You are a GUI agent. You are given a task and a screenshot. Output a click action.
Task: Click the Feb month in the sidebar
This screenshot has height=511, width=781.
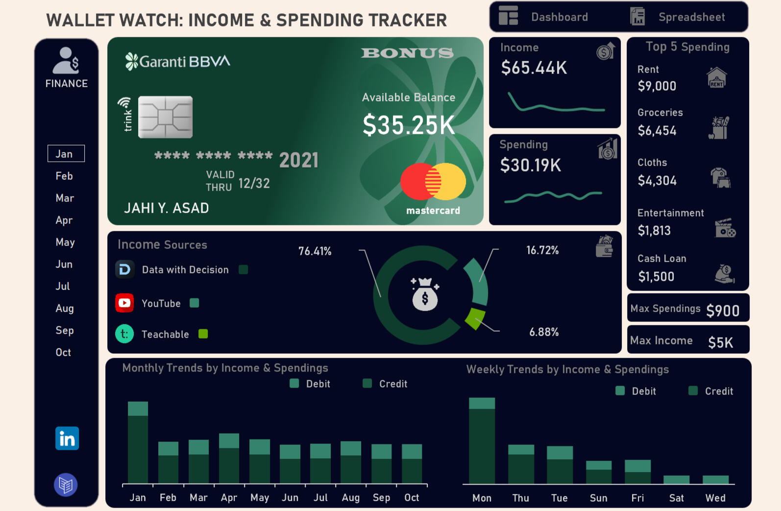point(64,176)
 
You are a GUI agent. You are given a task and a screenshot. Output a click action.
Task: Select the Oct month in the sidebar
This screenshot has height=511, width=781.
point(63,352)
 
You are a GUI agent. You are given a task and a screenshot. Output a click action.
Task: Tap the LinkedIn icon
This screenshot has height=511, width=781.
point(67,438)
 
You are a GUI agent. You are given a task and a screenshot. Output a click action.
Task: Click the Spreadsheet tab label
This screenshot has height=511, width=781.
point(691,17)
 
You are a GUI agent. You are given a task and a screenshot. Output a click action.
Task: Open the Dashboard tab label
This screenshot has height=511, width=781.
point(559,17)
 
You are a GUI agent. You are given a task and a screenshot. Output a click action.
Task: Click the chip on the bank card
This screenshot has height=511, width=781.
point(165,117)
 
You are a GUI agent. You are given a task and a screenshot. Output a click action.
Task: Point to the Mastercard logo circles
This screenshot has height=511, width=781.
point(433,181)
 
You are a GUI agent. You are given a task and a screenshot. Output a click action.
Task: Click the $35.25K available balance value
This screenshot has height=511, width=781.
point(409,125)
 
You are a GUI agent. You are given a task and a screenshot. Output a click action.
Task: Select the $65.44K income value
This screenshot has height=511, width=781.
point(534,68)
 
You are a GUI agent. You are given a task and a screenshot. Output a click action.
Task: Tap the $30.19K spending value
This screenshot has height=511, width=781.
point(531,165)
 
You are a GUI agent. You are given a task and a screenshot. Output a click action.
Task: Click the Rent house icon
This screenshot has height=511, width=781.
point(716,77)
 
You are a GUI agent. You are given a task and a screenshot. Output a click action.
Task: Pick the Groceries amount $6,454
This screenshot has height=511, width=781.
point(657,131)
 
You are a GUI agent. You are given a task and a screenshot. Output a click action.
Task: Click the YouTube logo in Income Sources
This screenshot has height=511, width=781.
point(124,303)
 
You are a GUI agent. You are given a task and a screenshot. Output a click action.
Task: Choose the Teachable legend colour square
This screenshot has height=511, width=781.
point(203,334)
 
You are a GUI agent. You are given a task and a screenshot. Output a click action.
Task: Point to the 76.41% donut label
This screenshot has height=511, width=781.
point(315,251)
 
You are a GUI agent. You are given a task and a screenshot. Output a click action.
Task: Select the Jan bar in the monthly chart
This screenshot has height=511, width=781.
point(138,442)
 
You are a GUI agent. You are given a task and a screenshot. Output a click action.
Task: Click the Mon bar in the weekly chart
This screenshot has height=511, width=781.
point(482,440)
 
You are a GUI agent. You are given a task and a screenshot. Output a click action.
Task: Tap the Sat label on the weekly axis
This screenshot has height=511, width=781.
point(676,498)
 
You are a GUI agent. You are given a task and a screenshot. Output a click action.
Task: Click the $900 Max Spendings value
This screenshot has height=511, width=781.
point(723,311)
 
